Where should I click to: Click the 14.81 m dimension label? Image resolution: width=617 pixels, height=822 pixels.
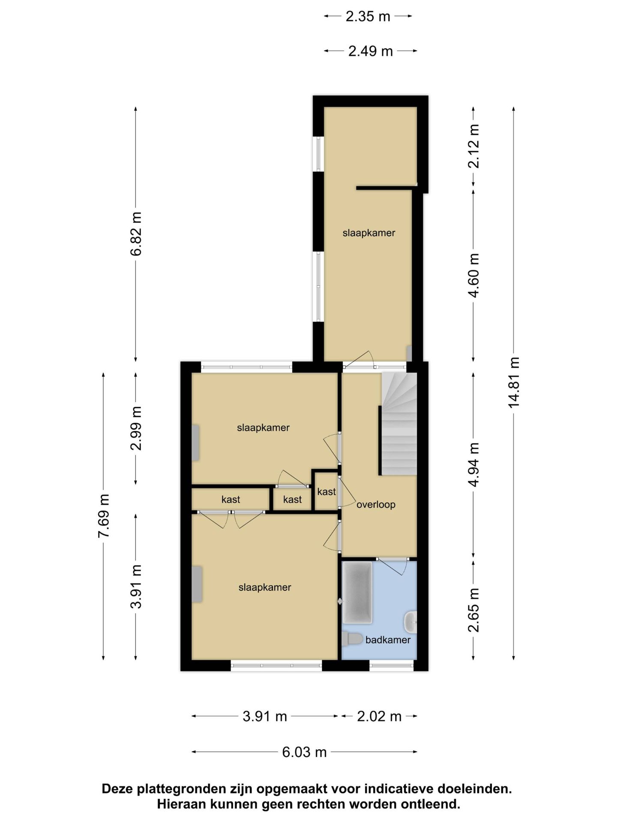coord(514,382)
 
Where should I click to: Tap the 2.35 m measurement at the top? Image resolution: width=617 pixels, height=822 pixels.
coord(368,16)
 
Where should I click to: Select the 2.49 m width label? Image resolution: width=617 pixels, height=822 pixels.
coord(371,51)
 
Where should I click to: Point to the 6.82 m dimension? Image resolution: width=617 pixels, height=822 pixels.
coord(136,234)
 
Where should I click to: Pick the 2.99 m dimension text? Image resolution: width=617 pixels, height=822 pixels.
coord(136,428)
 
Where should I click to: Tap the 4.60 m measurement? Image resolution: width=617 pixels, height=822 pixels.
coord(473,275)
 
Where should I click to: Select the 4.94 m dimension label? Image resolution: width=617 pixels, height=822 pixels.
coord(473,465)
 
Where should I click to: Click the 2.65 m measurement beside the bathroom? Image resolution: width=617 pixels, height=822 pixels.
coord(473,610)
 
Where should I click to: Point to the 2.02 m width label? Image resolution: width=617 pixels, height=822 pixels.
coord(379,716)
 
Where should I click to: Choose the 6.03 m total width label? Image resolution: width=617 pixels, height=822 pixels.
coord(304,752)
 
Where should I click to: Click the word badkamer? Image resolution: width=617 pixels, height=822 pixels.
coord(388,640)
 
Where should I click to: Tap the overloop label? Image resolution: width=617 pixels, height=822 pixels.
coord(376,505)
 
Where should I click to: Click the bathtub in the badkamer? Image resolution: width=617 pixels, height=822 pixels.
coord(357,593)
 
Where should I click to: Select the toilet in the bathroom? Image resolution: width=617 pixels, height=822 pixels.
coord(351,639)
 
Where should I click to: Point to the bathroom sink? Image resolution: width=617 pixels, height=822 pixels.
coord(410,622)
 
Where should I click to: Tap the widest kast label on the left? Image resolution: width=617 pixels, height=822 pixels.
coord(231,500)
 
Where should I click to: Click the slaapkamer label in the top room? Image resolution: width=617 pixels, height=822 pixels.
coord(368,233)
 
